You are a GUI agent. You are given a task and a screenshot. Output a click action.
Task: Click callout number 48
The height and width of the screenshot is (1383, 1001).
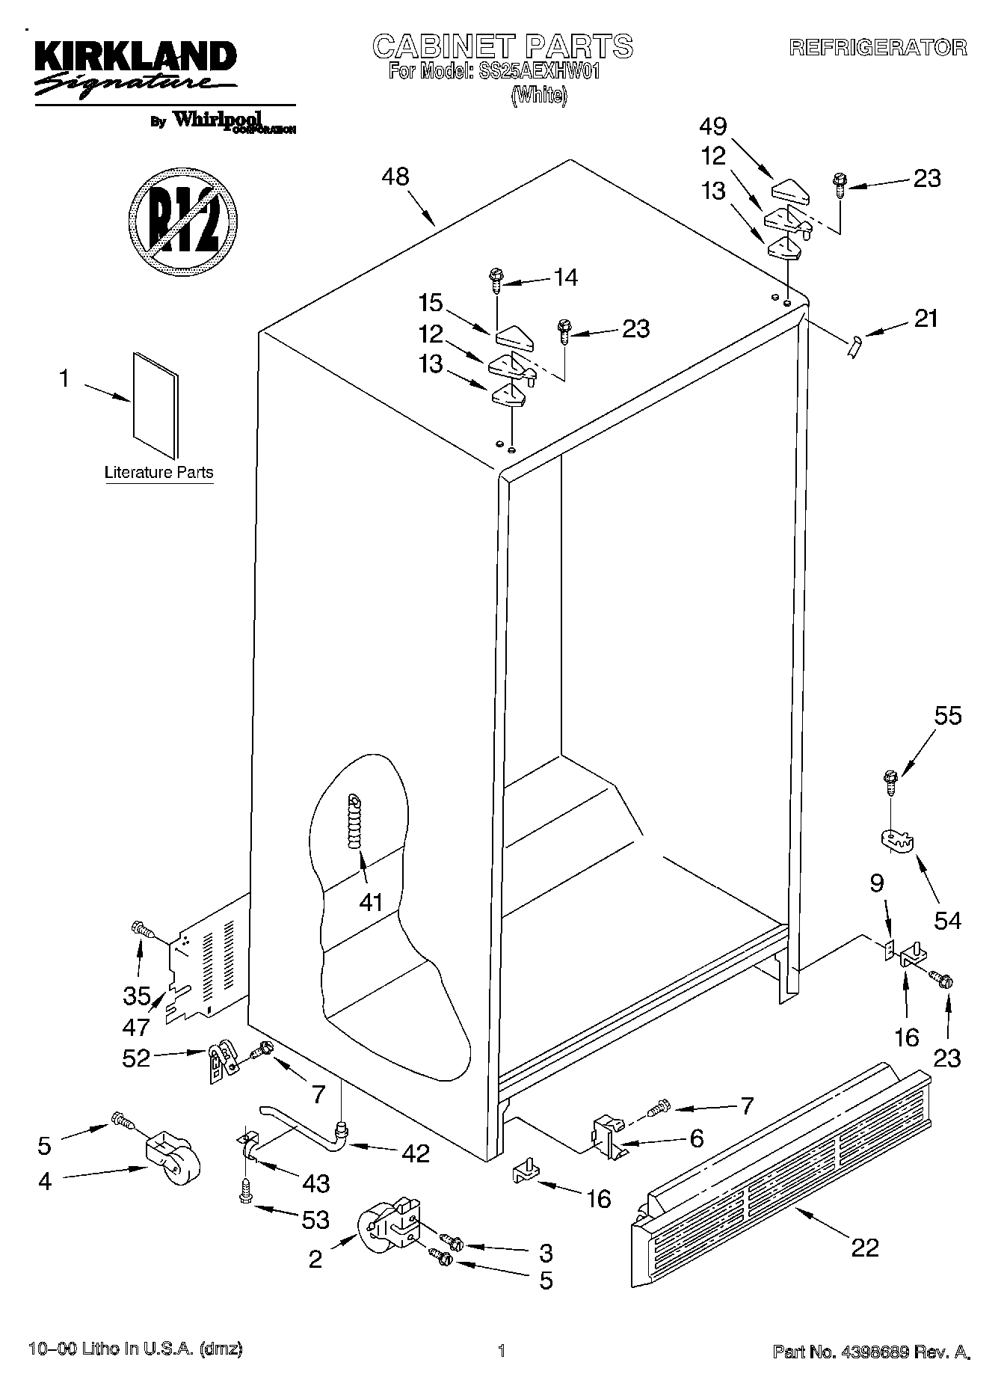395,177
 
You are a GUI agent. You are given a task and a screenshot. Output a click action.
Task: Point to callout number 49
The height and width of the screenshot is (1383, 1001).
712,126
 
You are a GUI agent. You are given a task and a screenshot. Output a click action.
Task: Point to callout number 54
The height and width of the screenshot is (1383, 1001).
947,919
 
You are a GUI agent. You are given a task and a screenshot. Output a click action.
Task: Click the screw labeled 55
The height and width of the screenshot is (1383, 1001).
890,782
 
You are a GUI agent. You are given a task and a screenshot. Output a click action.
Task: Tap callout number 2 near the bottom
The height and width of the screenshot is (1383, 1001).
315,1260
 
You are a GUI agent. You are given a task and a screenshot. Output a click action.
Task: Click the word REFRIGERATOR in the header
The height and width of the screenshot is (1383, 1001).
878,48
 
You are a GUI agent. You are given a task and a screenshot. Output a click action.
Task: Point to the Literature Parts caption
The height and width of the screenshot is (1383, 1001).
158,473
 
